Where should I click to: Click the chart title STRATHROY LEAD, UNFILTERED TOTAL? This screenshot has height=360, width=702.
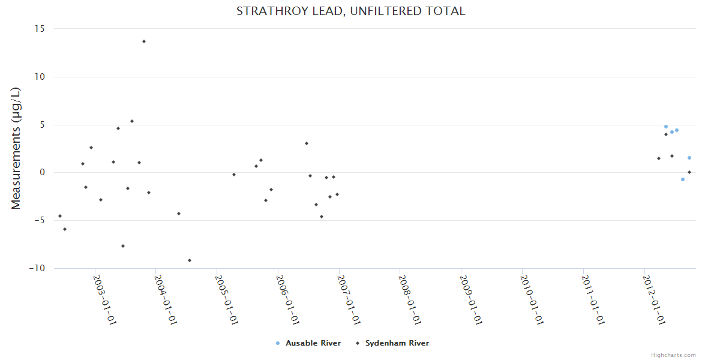350,11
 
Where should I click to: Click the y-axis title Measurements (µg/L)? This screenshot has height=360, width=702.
16,148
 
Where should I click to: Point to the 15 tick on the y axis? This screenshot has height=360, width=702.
41,29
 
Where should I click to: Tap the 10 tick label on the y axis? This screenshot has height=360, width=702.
41,77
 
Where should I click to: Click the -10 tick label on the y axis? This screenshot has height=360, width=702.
37,268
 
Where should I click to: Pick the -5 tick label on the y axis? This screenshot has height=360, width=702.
40,220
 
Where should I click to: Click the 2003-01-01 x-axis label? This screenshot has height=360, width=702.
104,300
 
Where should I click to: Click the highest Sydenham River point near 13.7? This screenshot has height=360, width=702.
144,41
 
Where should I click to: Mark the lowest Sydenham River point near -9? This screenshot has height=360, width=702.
190,260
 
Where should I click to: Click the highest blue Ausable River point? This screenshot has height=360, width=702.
666,127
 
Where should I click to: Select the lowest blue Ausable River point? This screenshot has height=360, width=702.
683,179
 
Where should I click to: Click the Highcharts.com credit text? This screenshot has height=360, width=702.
673,355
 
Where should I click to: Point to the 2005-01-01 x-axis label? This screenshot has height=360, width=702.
227,300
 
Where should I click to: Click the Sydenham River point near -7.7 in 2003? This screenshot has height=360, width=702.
123,246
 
